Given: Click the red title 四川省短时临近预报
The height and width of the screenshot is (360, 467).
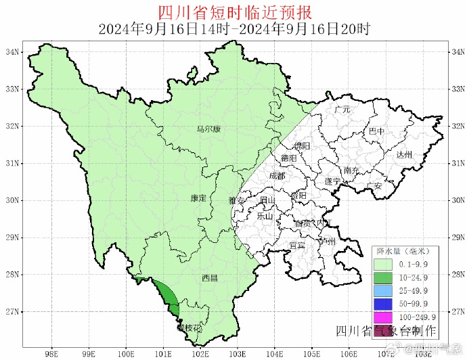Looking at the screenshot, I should pos(234,12).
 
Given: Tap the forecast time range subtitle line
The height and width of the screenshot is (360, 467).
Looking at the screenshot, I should pos(234,29).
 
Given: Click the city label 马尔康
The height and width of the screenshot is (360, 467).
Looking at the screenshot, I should pos(208,130).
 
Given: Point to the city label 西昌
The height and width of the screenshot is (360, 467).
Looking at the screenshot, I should pos(210,278).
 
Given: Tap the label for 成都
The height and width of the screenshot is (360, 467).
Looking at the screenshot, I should pos(277,175).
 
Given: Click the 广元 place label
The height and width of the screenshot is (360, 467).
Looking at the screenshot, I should pos(342,109).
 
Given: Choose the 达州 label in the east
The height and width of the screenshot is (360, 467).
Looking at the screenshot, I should pos(404,155).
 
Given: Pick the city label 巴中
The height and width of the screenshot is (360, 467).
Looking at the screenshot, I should pos(376,131).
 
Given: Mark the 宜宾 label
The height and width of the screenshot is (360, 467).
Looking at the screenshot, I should pos(296,245).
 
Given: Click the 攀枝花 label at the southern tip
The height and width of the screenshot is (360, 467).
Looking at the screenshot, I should pos(189,328).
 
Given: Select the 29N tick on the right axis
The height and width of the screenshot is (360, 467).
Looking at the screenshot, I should pos(458,238).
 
